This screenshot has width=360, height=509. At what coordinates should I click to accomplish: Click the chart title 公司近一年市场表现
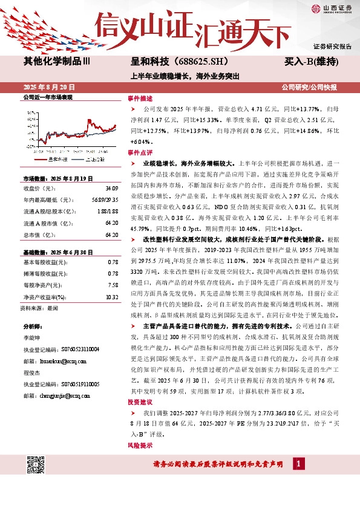(x=47, y=97)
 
